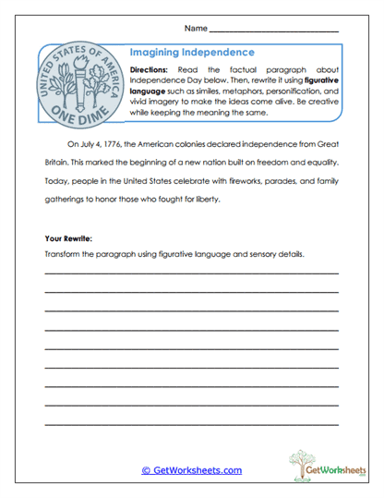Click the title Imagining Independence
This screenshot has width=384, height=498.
coord(192,54)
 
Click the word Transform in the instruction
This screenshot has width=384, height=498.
coord(63,255)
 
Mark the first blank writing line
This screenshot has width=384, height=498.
coord(191,274)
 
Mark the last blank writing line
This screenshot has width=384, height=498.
coord(191,423)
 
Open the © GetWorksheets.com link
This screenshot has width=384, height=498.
coord(191,470)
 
